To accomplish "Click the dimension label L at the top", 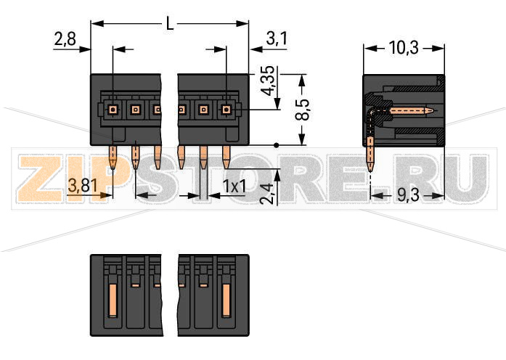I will coord(170,24).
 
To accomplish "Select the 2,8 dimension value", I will coord(65,40).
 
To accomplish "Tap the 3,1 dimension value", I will coord(276,39).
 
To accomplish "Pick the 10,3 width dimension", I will coord(403,49).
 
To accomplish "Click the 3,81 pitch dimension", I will coord(83,186).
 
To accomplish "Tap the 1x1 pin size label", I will coord(234,187).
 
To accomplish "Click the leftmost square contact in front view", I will coord(113,110).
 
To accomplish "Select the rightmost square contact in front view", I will coord(226,110).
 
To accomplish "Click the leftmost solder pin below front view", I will coord(113,157).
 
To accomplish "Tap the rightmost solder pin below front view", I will coord(226,157).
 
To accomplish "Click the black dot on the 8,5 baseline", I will coord(277,145).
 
